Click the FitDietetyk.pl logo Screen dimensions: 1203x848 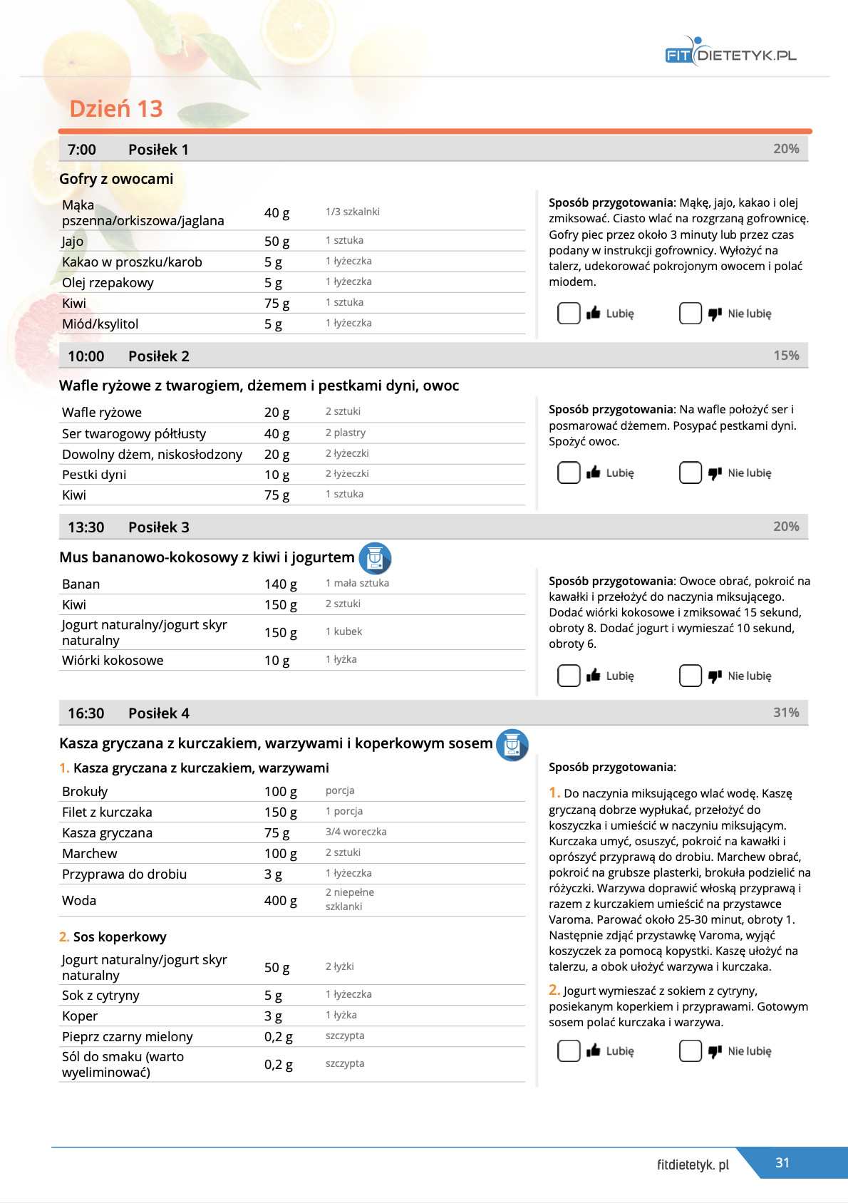(730, 53)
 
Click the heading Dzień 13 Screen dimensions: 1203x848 (116, 108)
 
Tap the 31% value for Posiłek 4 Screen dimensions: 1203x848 (786, 712)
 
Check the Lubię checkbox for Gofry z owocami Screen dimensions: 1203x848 (569, 314)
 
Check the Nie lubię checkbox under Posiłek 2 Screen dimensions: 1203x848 (691, 473)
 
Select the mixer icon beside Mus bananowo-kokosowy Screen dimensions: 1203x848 (375, 558)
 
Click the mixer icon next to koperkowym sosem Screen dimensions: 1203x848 (512, 745)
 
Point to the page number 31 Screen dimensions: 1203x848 (782, 1162)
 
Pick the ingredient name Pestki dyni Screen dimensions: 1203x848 (94, 475)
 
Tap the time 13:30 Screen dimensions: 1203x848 (86, 527)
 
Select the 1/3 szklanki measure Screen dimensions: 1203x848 (352, 212)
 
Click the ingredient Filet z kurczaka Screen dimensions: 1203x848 (107, 812)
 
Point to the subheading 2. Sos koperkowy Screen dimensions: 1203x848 (113, 936)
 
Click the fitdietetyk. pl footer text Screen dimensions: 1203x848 (693, 1165)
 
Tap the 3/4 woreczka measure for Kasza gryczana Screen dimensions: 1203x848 (356, 832)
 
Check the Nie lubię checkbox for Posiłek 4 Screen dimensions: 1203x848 (691, 1050)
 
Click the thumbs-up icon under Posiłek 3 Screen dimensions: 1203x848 (593, 676)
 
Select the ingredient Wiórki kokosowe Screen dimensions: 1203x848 (113, 660)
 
